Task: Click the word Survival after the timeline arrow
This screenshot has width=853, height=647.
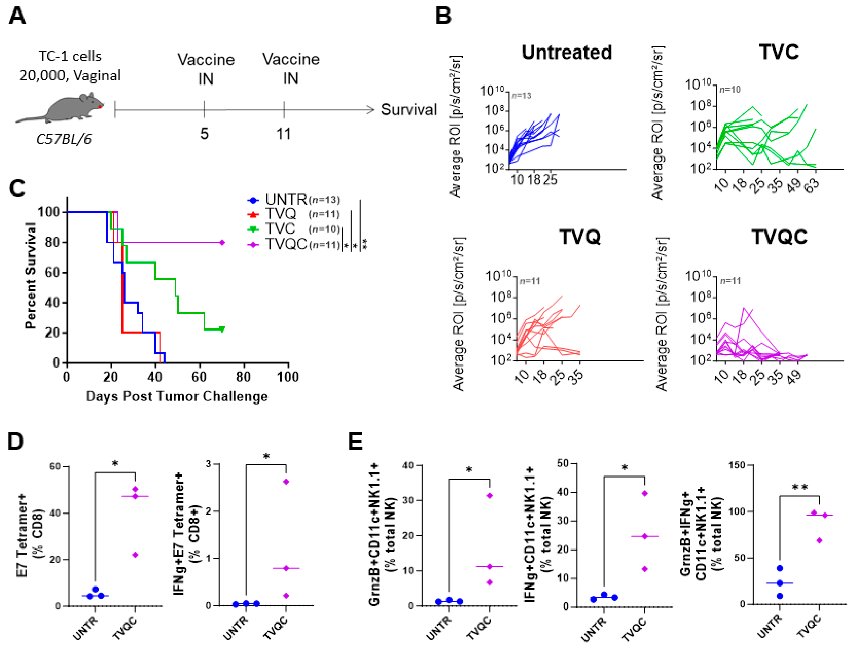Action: (x=409, y=110)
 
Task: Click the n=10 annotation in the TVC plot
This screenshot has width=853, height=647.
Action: (x=730, y=89)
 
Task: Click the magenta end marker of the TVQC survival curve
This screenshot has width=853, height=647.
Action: (x=222, y=242)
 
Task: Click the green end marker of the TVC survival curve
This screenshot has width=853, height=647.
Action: (x=222, y=329)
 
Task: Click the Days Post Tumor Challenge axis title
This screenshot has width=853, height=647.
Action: (x=177, y=396)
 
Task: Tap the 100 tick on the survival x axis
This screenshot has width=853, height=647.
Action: (x=288, y=377)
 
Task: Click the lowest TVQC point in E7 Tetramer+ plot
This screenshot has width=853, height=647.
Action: (x=135, y=555)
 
